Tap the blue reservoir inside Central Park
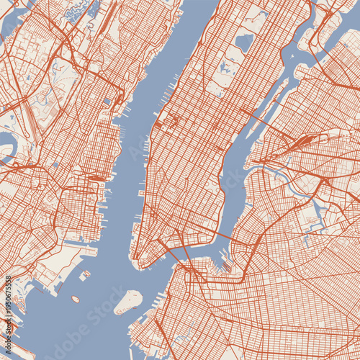[243, 43]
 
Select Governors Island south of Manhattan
[129, 301]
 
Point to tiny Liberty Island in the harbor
[76, 299]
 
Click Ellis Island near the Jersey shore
[85, 274]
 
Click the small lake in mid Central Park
[225, 70]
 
